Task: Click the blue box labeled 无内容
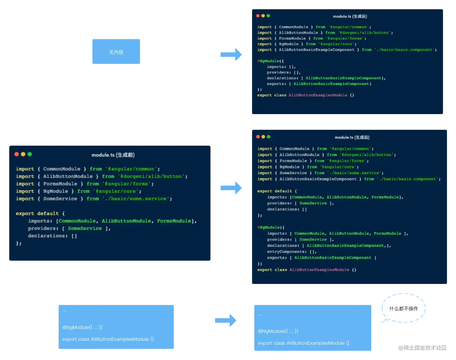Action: tap(116, 52)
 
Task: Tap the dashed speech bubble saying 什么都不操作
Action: tap(404, 308)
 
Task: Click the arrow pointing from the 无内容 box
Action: tap(231, 55)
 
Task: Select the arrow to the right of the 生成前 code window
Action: tap(231, 188)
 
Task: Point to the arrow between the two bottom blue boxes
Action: tap(226, 320)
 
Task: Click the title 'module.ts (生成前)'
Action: tap(113, 155)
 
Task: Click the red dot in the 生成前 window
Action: tap(17, 154)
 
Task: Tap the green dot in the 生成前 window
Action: tap(30, 154)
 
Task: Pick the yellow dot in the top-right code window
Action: tap(263, 16)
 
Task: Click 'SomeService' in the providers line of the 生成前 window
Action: tap(85, 228)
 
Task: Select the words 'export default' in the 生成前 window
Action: tap(37, 214)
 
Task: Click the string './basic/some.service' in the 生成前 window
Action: tap(136, 199)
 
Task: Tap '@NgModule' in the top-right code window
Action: tap(268, 61)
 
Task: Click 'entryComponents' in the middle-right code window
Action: tap(286, 252)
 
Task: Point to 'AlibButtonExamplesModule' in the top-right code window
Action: tap(318, 95)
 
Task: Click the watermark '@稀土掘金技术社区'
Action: tap(423, 348)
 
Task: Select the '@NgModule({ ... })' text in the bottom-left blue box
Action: tap(82, 327)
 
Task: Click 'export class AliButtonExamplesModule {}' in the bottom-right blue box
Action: tap(303, 343)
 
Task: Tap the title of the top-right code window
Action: tap(350, 16)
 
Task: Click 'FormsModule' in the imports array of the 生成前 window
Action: tap(174, 221)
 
